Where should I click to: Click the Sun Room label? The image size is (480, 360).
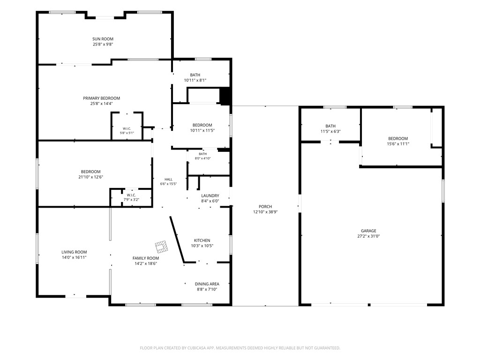103,39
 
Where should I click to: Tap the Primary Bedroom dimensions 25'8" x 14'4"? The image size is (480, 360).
101,104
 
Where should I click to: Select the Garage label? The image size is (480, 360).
368,231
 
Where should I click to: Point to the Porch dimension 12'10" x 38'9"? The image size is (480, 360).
265,212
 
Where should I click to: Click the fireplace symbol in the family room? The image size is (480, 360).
161,247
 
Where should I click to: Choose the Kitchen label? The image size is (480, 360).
202,240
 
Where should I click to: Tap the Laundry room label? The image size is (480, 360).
210,195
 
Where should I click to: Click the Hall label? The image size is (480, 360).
168,180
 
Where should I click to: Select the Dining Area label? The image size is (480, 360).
207,284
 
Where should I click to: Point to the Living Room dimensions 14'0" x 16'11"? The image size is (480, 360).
74,257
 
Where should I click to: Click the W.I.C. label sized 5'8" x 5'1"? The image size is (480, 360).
127,128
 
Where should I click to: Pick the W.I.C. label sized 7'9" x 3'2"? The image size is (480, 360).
131,195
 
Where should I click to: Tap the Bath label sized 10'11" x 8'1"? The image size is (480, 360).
195,75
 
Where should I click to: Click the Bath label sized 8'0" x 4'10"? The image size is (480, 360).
202,154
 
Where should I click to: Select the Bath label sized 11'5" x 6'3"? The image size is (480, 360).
330,126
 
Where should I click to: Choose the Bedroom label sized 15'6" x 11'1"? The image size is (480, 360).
398,138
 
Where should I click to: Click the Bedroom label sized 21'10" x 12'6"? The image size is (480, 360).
90,172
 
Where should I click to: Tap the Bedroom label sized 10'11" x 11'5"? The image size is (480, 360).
202,125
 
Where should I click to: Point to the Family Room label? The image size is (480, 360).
146,258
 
